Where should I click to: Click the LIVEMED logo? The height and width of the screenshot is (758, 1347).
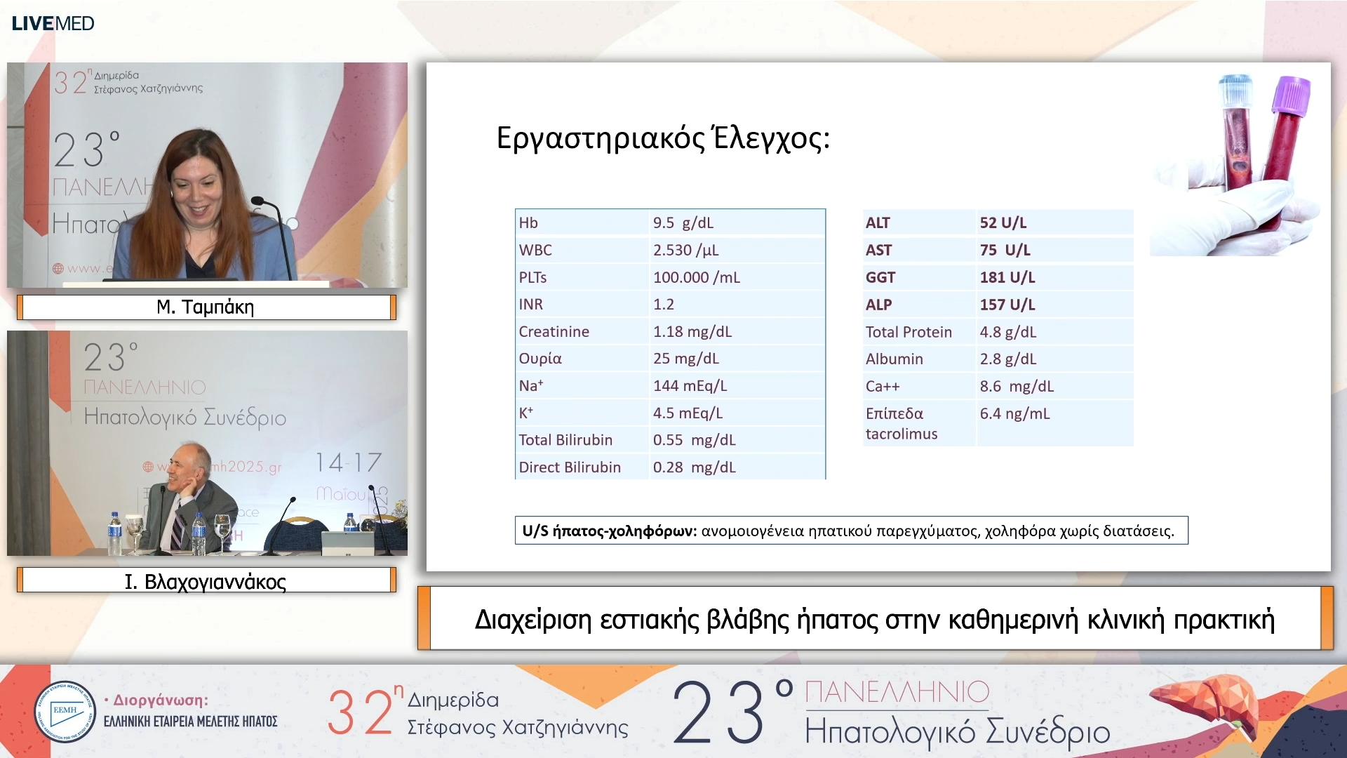(53, 23)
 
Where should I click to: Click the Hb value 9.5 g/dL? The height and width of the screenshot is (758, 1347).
(683, 222)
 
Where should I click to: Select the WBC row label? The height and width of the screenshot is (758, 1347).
(535, 250)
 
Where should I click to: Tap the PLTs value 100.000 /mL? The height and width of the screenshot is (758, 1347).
(696, 277)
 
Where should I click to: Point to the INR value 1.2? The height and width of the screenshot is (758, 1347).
(663, 304)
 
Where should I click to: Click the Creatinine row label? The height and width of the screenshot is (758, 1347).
(554, 331)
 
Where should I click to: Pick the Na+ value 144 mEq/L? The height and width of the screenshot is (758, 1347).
(690, 385)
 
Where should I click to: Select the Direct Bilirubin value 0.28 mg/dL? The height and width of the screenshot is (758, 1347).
(694, 467)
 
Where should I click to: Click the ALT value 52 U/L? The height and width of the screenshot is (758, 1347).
(1003, 222)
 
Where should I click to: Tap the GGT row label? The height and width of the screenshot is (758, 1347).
(880, 277)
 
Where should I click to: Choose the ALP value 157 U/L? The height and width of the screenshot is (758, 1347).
(1007, 305)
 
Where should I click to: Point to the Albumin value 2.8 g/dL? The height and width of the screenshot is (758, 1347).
(1007, 359)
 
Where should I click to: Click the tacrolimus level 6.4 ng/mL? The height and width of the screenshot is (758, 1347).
(1014, 413)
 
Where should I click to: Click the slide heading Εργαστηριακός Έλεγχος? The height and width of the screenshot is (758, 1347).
(662, 138)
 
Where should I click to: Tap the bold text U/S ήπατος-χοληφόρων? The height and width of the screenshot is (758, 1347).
(609, 531)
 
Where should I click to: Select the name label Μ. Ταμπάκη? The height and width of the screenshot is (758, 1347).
(206, 307)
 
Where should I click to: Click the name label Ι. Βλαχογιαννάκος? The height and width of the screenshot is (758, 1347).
(206, 581)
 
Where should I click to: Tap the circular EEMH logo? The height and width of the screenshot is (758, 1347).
(65, 712)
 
